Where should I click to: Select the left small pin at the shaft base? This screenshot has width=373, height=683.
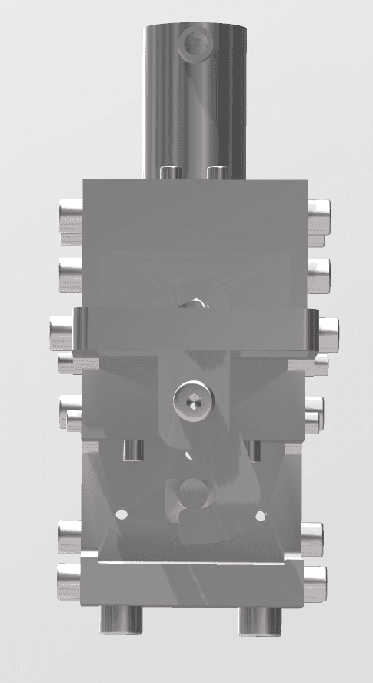170,172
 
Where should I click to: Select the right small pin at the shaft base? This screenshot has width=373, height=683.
218,172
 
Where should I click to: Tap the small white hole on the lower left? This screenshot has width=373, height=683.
120,513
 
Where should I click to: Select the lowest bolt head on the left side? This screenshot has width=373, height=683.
69,579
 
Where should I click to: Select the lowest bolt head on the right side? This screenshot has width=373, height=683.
316,579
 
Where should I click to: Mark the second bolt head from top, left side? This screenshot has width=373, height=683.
69,270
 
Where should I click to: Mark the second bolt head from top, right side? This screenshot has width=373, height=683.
318,270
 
